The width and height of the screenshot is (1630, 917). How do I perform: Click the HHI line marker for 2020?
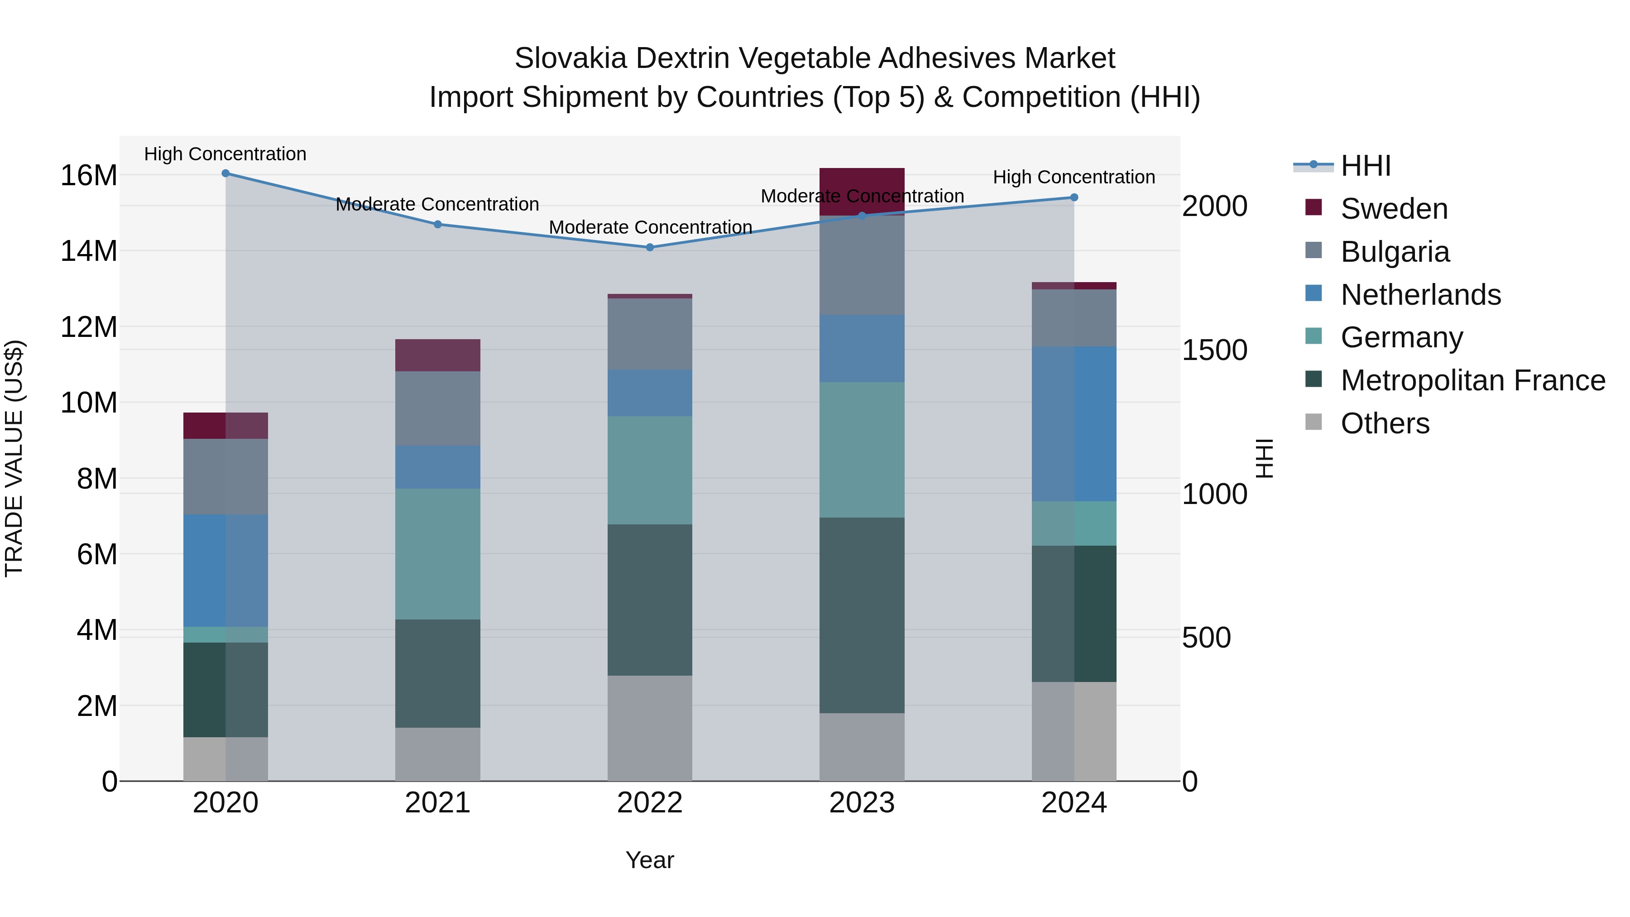(225, 173)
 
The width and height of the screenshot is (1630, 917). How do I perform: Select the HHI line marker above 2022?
(650, 247)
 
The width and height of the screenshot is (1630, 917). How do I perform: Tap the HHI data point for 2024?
(1074, 197)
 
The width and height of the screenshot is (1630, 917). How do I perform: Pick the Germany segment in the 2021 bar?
(437, 554)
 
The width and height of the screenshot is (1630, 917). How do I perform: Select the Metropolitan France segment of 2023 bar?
(862, 615)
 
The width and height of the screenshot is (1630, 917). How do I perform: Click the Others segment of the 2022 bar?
(650, 728)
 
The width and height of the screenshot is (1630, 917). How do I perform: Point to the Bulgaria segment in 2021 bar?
(437, 408)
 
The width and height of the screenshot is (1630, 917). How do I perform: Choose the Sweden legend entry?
(1393, 209)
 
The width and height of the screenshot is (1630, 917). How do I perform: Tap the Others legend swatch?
(1314, 422)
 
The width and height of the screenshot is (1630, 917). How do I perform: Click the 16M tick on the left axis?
(89, 175)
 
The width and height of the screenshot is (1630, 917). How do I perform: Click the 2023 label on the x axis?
(862, 803)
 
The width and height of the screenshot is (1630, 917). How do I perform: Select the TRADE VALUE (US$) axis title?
(14, 458)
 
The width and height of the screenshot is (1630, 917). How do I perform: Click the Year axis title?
(650, 860)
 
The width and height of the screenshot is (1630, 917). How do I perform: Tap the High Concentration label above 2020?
(225, 154)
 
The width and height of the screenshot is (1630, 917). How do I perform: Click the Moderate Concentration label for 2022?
(650, 227)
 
